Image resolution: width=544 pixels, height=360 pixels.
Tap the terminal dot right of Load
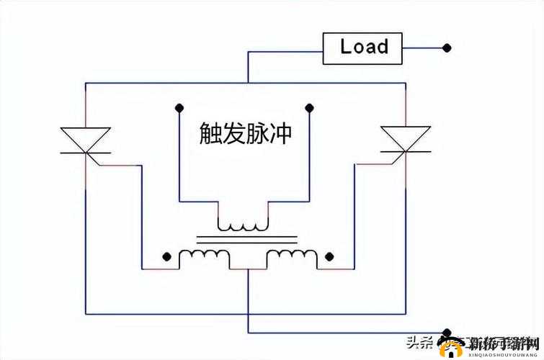pos(447,48)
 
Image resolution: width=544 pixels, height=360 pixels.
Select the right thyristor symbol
pos(406,139)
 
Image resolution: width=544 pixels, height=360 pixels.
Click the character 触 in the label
pos(211,134)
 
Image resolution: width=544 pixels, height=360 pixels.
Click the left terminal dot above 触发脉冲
pos(178,108)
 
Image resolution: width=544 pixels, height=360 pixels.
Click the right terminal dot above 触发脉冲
pos(309,108)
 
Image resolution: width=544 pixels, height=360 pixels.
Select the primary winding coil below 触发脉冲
pos(244,225)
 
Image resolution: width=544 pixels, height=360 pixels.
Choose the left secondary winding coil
pos(205,256)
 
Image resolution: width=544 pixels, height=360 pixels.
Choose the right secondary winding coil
pos(291,256)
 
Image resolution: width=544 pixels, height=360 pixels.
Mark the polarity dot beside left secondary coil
pos(167,256)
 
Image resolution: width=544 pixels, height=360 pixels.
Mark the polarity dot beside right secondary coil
pos(329,256)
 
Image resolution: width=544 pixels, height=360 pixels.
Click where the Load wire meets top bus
pos(248,83)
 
